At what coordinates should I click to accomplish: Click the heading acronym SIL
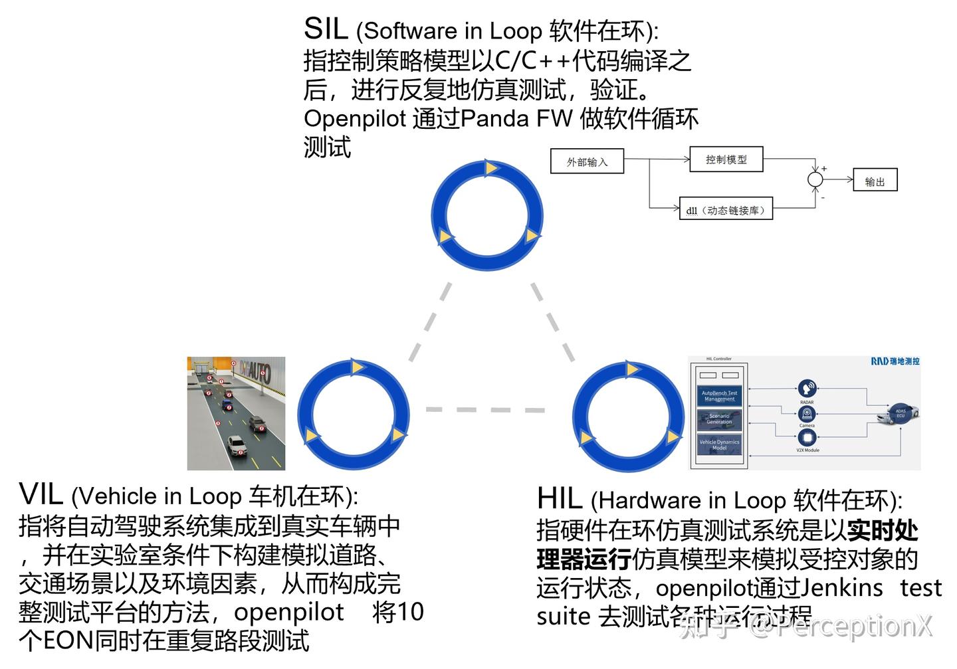(326, 29)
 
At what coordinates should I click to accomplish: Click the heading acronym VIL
(41, 495)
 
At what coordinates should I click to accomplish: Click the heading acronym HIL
(560, 499)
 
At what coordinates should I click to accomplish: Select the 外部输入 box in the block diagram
(587, 161)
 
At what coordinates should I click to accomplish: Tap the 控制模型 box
(726, 159)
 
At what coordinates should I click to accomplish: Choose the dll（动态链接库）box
(726, 210)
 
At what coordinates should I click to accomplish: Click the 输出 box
(875, 181)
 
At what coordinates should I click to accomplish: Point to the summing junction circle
(815, 179)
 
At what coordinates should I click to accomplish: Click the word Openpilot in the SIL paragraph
(354, 118)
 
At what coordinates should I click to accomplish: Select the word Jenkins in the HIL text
(841, 588)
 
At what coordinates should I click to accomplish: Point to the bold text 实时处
(883, 531)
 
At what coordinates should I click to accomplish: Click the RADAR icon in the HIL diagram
(807, 389)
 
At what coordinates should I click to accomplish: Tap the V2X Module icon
(807, 438)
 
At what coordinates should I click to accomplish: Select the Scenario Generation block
(719, 419)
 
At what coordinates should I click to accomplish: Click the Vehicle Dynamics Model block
(719, 444)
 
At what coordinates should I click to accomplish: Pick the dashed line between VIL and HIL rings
(485, 409)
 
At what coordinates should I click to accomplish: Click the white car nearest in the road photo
(237, 445)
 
